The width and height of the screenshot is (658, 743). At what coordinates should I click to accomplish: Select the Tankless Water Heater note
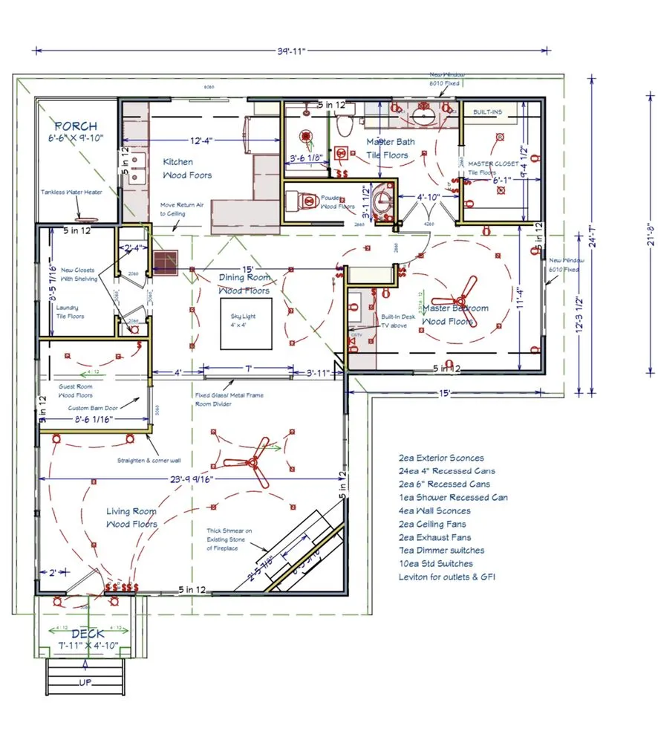72,192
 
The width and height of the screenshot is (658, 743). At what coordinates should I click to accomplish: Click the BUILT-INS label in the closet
488,112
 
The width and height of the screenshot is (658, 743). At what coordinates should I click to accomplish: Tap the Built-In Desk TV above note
393,320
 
